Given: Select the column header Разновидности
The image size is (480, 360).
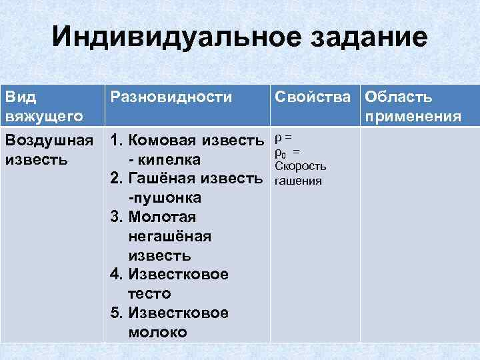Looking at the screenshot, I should coord(171,97).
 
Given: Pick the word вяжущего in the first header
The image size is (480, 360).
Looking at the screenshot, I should coord(43,117).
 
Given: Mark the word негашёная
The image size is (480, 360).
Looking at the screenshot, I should coord(168,236).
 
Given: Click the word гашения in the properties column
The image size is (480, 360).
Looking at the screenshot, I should coord(297,181).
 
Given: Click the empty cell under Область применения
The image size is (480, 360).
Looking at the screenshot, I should coord(419,233).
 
